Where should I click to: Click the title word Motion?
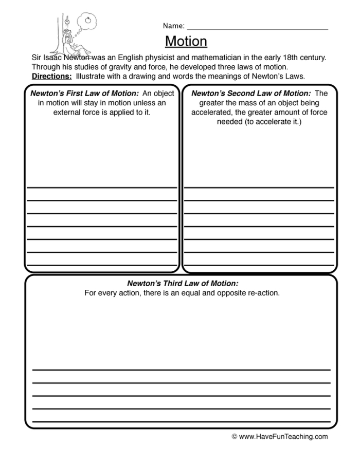186,41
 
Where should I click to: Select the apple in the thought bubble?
87,21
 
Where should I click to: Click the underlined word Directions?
51,76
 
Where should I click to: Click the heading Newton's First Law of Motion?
84,94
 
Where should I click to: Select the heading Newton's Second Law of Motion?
250,94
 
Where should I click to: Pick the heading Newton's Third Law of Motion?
183,284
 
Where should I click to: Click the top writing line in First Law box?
102,188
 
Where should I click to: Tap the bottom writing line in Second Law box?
259,265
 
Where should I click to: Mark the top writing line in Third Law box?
181,370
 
